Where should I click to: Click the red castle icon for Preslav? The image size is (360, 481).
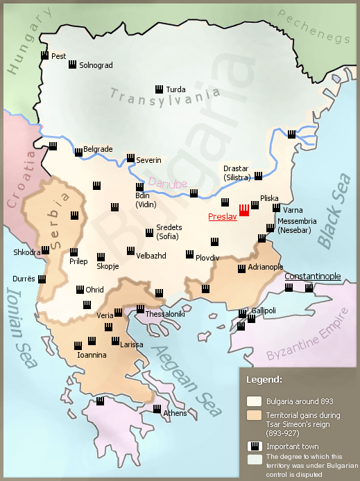pyautogui.click(x=244, y=209)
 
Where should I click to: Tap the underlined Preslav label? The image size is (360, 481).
pyautogui.click(x=222, y=217)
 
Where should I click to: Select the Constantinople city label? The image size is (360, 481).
pyautogui.click(x=312, y=276)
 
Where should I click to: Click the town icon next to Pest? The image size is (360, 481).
pyautogui.click(x=44, y=55)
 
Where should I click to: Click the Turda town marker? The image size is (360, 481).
pyautogui.click(x=159, y=89)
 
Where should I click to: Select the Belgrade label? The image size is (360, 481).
pyautogui.click(x=97, y=149)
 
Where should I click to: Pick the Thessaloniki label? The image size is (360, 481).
pyautogui.click(x=164, y=314)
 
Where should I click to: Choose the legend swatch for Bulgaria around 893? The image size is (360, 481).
pyautogui.click(x=254, y=401)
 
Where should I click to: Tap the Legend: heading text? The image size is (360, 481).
pyautogui.click(x=264, y=379)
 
